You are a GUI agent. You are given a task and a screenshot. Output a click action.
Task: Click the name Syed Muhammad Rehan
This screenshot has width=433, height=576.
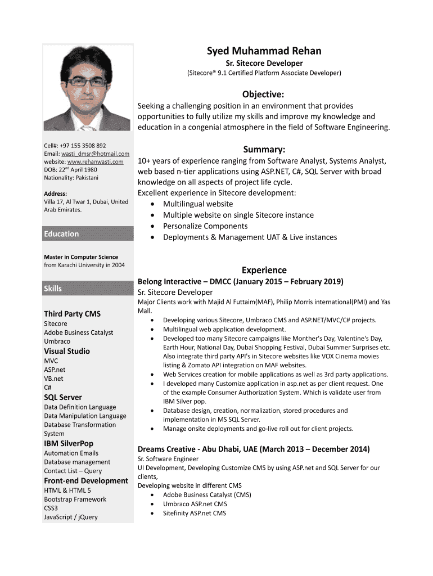pos(264,51)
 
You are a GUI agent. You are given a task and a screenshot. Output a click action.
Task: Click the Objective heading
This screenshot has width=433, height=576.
pos(263,93)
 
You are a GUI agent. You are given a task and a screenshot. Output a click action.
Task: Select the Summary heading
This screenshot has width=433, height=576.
pos(264,149)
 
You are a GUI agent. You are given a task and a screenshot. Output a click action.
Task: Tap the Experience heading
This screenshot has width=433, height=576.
pos(264,270)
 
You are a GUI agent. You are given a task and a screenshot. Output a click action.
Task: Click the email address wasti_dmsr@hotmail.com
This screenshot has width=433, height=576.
pos(94,154)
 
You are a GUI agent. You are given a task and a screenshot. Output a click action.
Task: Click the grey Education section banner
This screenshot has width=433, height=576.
pos(88,234)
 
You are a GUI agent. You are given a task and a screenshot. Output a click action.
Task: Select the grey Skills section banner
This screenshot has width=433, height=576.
pos(88,289)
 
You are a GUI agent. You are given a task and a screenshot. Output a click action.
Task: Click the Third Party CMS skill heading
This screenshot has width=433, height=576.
pos(72,313)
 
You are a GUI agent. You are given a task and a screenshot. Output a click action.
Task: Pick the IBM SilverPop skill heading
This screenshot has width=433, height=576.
pos(69,443)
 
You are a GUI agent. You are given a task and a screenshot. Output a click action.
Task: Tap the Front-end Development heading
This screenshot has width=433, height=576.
pos(86,480)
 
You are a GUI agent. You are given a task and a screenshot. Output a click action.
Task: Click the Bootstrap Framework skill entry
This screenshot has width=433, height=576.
pos(75,499)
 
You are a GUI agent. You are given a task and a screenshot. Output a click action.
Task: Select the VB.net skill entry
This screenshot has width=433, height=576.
pos(54,379)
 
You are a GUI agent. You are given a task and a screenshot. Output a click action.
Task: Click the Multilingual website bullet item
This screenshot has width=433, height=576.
pos(197,204)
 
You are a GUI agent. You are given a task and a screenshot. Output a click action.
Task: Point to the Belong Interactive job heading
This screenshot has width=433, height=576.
pos(240,281)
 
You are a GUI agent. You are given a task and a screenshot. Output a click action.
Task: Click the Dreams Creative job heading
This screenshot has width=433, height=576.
pos(254,449)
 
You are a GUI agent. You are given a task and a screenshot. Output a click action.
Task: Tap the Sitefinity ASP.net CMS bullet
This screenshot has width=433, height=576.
pos(195,513)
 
